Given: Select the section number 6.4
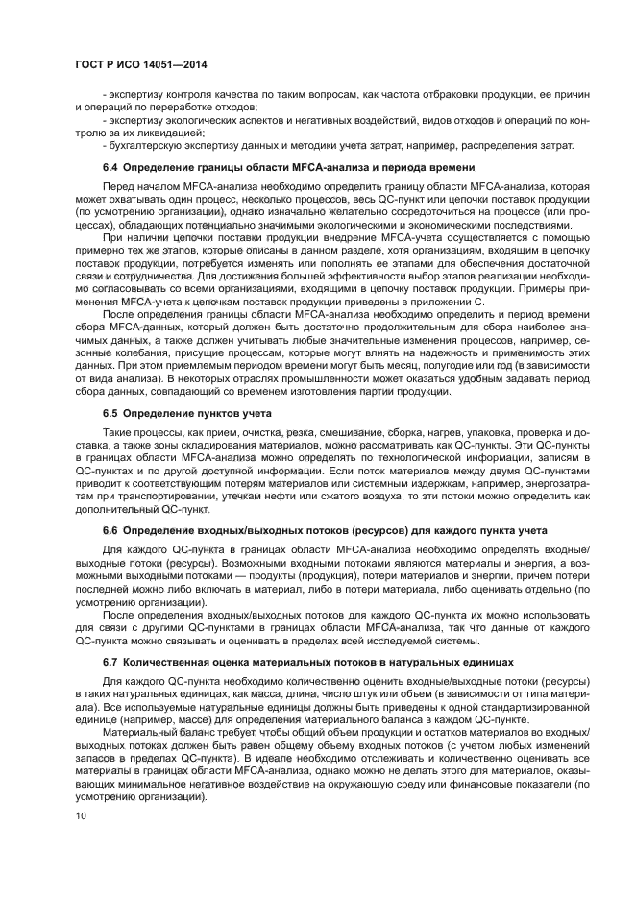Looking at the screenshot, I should [111, 166].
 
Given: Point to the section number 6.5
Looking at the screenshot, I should [111, 412].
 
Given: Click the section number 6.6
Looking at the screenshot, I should [111, 529].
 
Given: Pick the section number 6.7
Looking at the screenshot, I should [111, 662].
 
